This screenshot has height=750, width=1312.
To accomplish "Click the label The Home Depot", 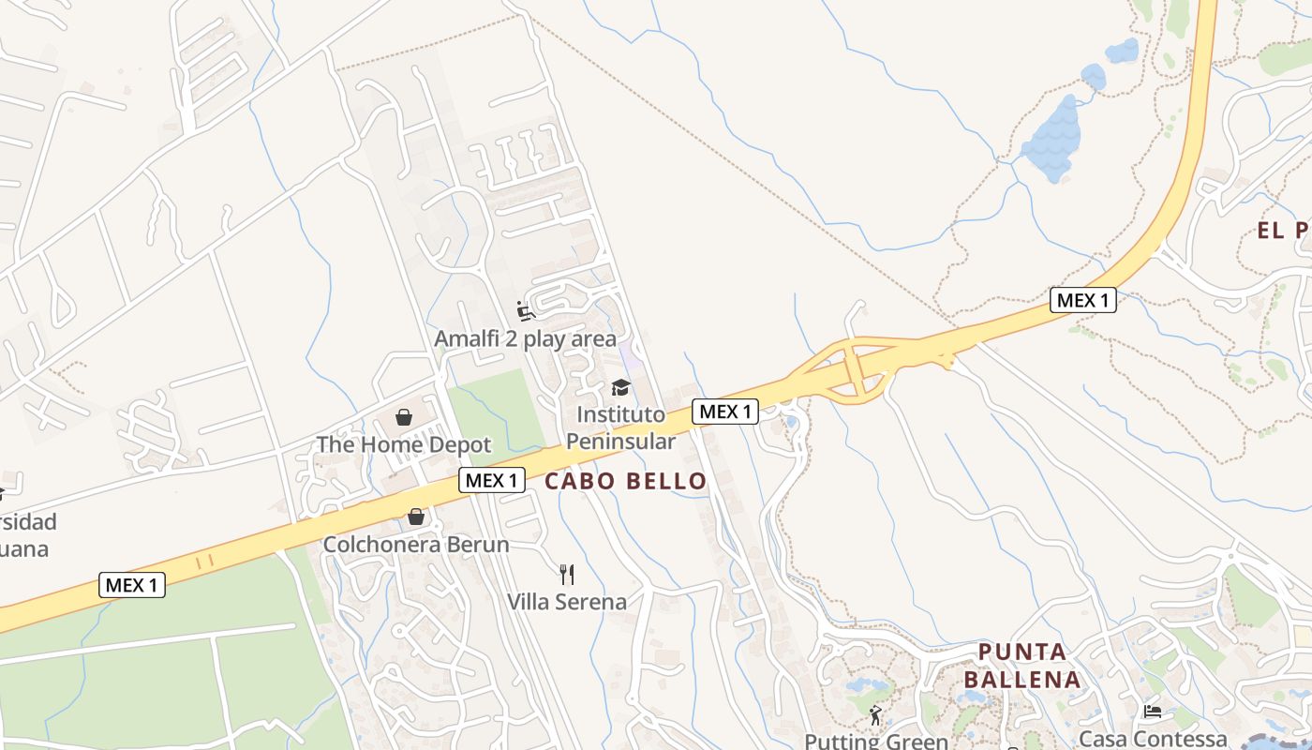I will (x=404, y=443).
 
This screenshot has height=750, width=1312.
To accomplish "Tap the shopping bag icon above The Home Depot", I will (x=404, y=416).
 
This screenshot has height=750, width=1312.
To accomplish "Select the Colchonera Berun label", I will (x=416, y=544).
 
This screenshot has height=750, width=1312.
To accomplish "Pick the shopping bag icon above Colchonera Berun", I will (x=416, y=517).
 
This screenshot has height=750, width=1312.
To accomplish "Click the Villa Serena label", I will (x=566, y=601).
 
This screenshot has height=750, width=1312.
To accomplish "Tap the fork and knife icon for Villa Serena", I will (x=566, y=574).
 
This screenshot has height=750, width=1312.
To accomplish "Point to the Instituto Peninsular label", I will (x=620, y=427).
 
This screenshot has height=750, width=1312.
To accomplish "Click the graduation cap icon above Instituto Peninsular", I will (x=620, y=387).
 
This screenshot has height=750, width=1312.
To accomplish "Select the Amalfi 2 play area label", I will (x=525, y=338).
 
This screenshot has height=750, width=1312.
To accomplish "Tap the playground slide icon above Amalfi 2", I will (x=526, y=310).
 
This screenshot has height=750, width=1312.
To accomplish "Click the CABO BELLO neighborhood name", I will (x=625, y=482).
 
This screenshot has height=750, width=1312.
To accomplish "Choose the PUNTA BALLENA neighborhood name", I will (x=1022, y=665).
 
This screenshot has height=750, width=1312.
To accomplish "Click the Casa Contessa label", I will (x=1153, y=739).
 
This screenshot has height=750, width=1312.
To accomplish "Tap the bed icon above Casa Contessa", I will (x=1153, y=712).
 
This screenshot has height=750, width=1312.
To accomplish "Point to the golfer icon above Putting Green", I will (x=876, y=715).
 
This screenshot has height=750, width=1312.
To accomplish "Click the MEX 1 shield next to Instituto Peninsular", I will (x=724, y=411).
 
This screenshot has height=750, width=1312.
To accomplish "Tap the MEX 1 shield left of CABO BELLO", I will (x=491, y=480).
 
